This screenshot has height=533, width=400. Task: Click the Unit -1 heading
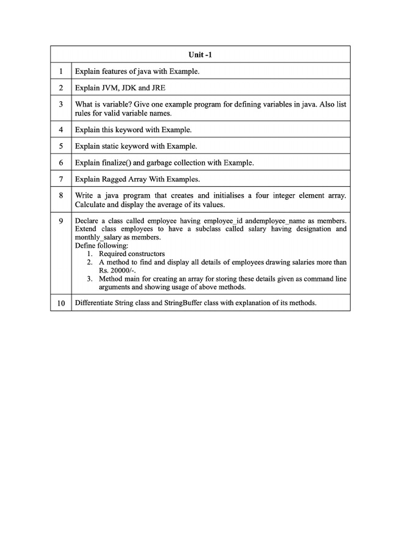coord(200,55)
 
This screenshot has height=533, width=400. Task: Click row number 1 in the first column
coord(61,71)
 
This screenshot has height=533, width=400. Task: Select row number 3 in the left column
coord(61,105)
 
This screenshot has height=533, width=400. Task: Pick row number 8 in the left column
coord(61,196)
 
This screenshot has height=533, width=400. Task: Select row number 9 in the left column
coord(61,221)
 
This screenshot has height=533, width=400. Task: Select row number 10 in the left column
coord(61,303)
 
